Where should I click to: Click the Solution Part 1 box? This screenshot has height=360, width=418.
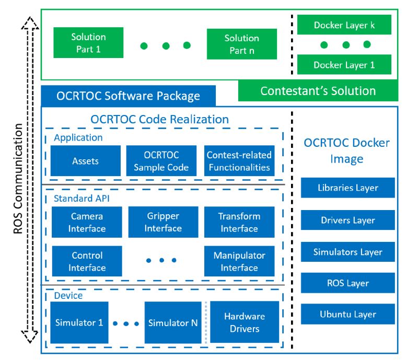(88, 43)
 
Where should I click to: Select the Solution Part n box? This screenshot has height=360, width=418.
(241, 44)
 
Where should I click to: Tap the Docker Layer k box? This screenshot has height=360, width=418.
(344, 25)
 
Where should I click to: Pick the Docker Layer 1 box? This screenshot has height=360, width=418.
(344, 65)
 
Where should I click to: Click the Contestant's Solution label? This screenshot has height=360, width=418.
(318, 91)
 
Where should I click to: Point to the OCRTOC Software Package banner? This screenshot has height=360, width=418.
(128, 96)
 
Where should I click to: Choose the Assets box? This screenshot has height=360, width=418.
(85, 161)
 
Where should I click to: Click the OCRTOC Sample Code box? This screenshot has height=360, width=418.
(161, 161)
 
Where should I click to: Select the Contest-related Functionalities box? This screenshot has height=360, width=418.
(239, 161)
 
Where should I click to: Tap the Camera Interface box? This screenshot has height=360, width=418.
(87, 222)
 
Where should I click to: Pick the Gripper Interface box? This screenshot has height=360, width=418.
(162, 222)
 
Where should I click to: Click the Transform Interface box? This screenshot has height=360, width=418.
(239, 222)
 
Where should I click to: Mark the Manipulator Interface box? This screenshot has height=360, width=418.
(239, 261)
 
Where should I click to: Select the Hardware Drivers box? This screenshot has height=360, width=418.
(244, 322)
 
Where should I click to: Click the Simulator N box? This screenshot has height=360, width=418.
(172, 322)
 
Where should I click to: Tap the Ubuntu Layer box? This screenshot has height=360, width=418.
(347, 315)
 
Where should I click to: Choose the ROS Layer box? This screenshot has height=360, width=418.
(347, 283)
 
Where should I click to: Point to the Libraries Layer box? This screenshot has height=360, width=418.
(347, 188)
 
